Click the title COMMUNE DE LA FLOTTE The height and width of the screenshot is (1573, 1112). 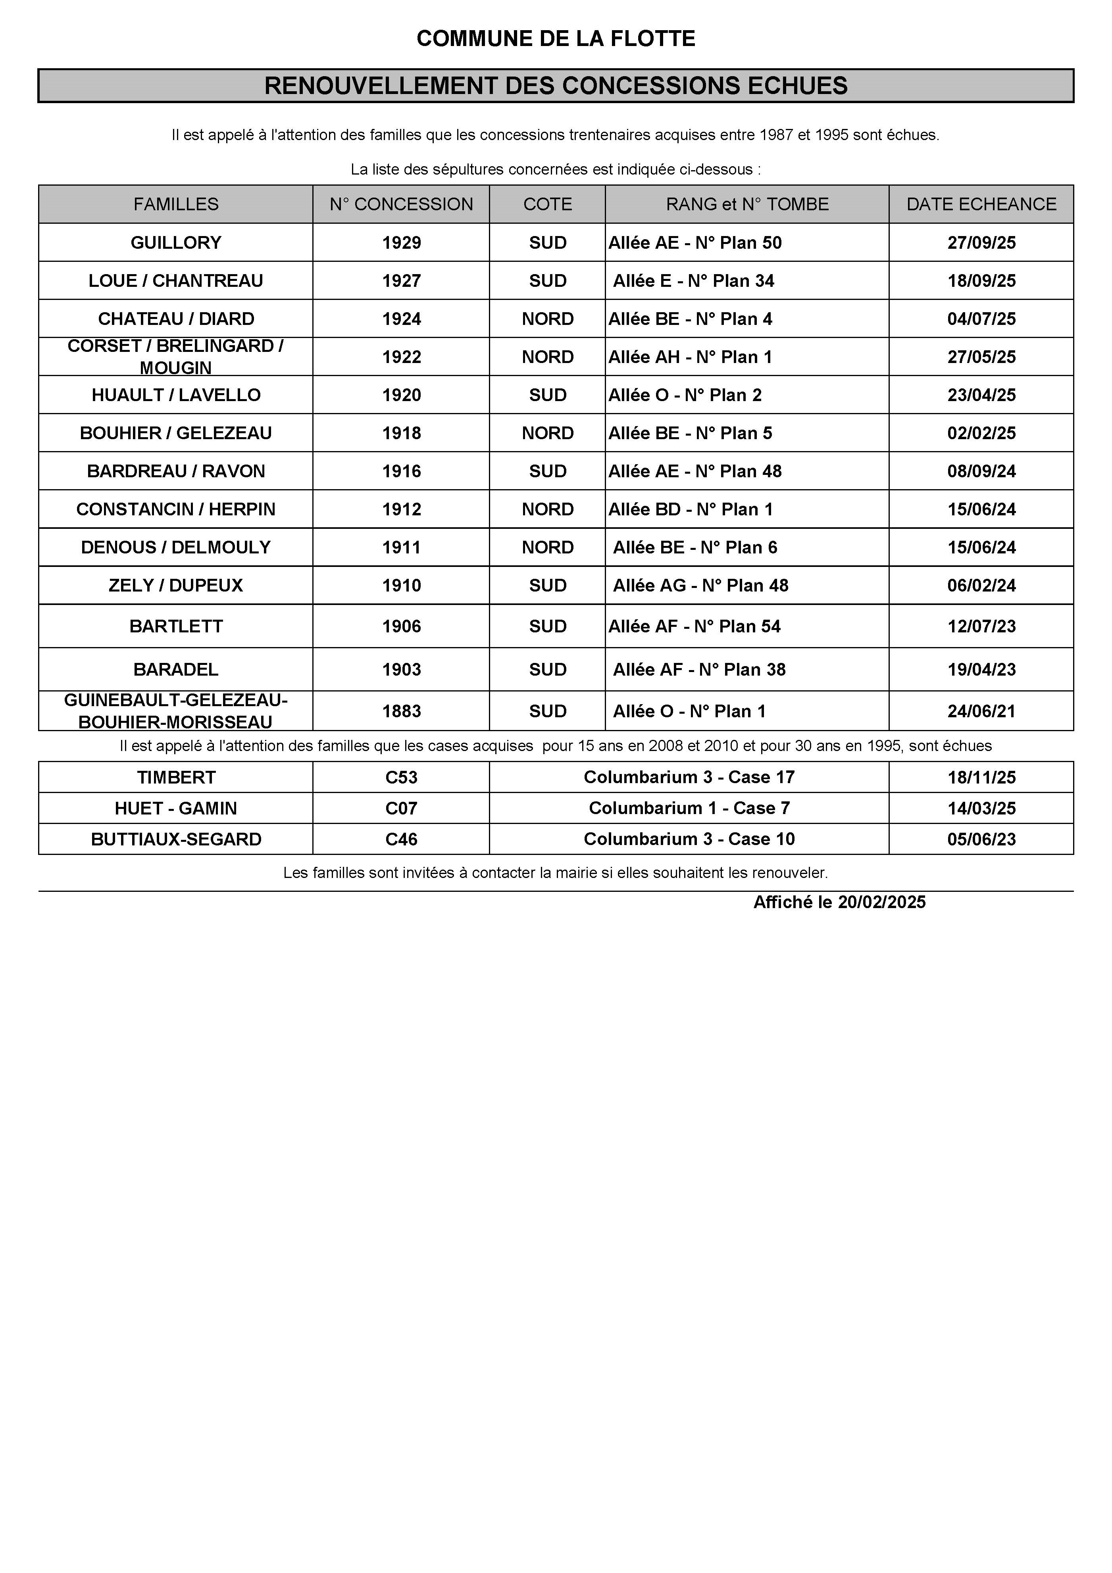(x=556, y=39)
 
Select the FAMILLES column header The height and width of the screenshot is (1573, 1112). (x=176, y=204)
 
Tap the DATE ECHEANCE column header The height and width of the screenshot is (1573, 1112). (x=981, y=204)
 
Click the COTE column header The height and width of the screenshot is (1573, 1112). (x=547, y=204)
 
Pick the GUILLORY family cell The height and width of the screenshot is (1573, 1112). (x=176, y=242)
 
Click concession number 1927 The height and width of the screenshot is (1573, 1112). (x=402, y=281)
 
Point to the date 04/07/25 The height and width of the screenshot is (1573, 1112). (x=981, y=319)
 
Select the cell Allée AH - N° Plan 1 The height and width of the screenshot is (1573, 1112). (x=690, y=357)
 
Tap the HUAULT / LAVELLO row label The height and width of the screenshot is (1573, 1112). (x=176, y=395)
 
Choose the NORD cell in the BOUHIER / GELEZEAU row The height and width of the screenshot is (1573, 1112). (x=547, y=433)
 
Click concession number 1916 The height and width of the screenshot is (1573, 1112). (x=402, y=471)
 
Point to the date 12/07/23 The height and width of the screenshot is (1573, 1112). (x=981, y=626)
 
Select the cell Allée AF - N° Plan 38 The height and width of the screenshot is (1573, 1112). (x=699, y=669)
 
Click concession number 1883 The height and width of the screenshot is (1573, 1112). (x=402, y=711)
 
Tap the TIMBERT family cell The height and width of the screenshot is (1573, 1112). (x=176, y=778)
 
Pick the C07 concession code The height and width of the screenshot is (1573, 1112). (x=402, y=809)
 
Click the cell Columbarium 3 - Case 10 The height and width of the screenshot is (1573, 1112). (x=689, y=839)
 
